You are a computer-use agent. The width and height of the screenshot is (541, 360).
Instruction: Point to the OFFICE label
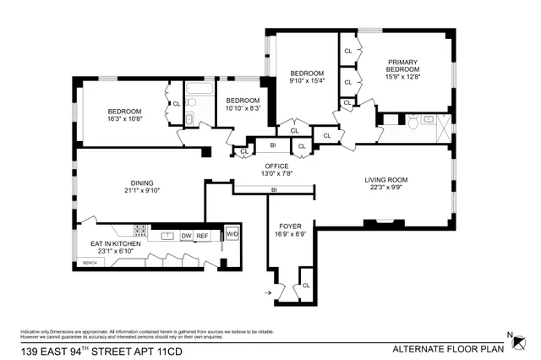(x=276, y=166)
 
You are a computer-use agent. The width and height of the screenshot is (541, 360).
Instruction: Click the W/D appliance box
(x=231, y=235)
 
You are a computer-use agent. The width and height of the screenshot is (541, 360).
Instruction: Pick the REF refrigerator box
(x=203, y=236)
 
